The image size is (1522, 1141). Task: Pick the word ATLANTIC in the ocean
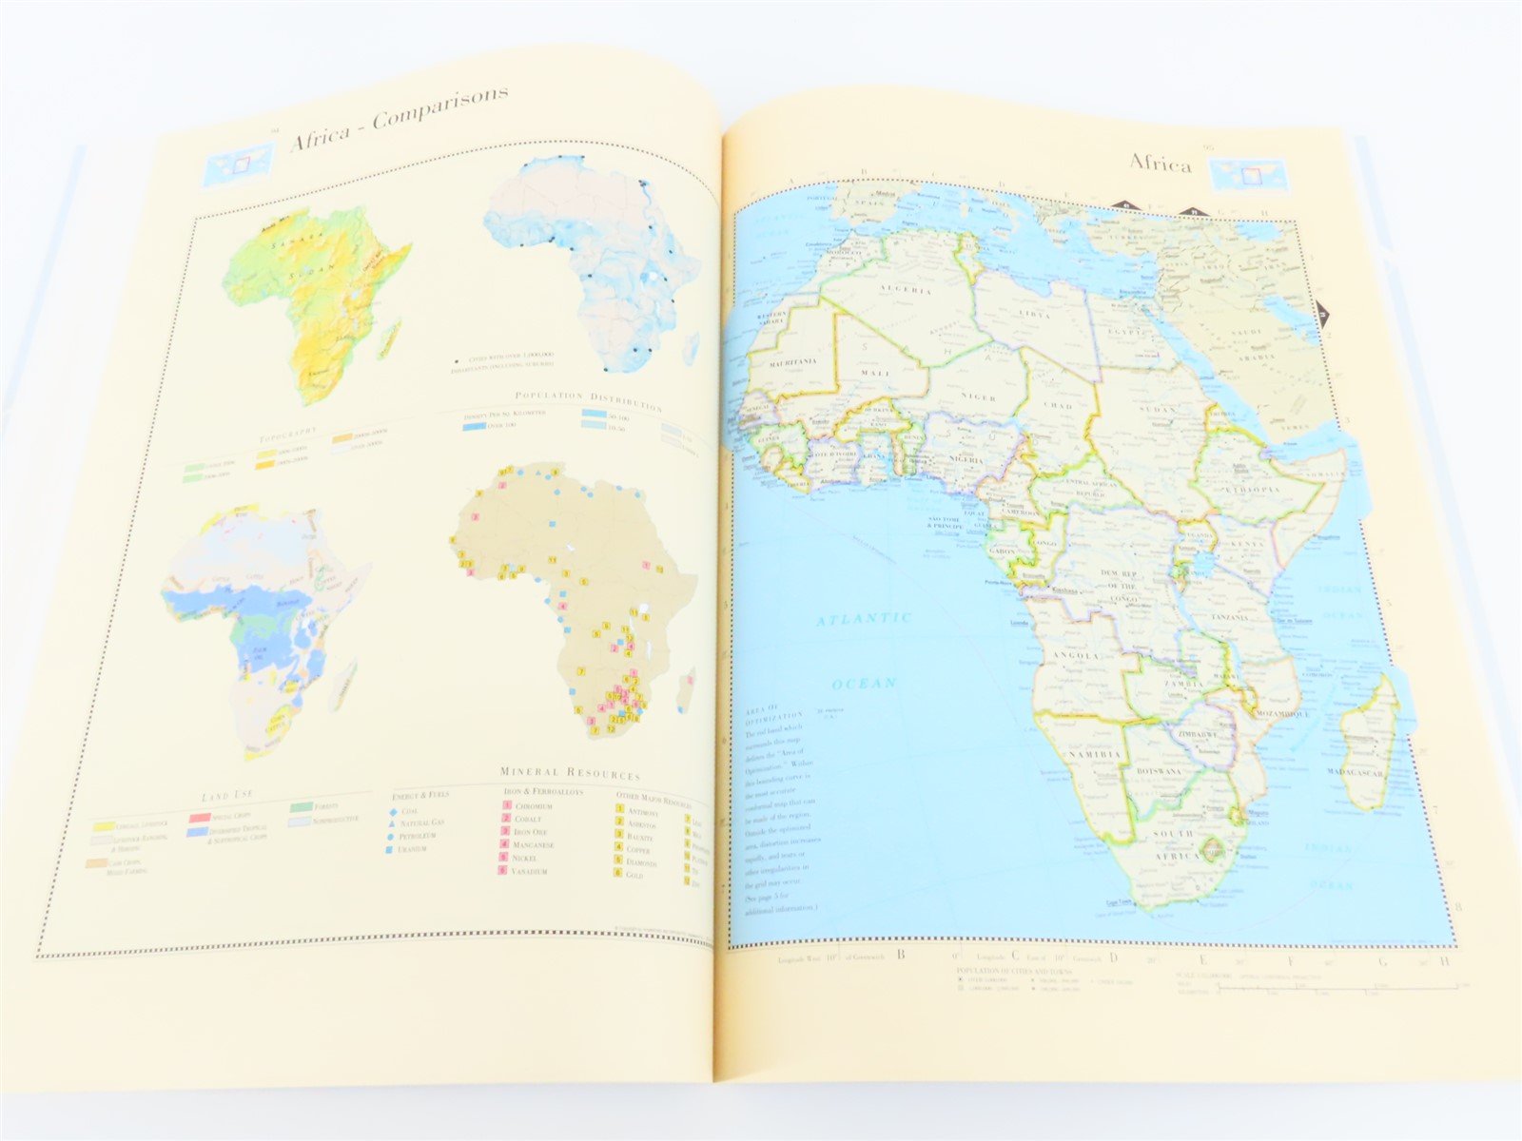(865, 619)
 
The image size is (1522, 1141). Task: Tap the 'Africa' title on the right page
(1160, 164)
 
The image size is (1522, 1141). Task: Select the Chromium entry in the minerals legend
(533, 806)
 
